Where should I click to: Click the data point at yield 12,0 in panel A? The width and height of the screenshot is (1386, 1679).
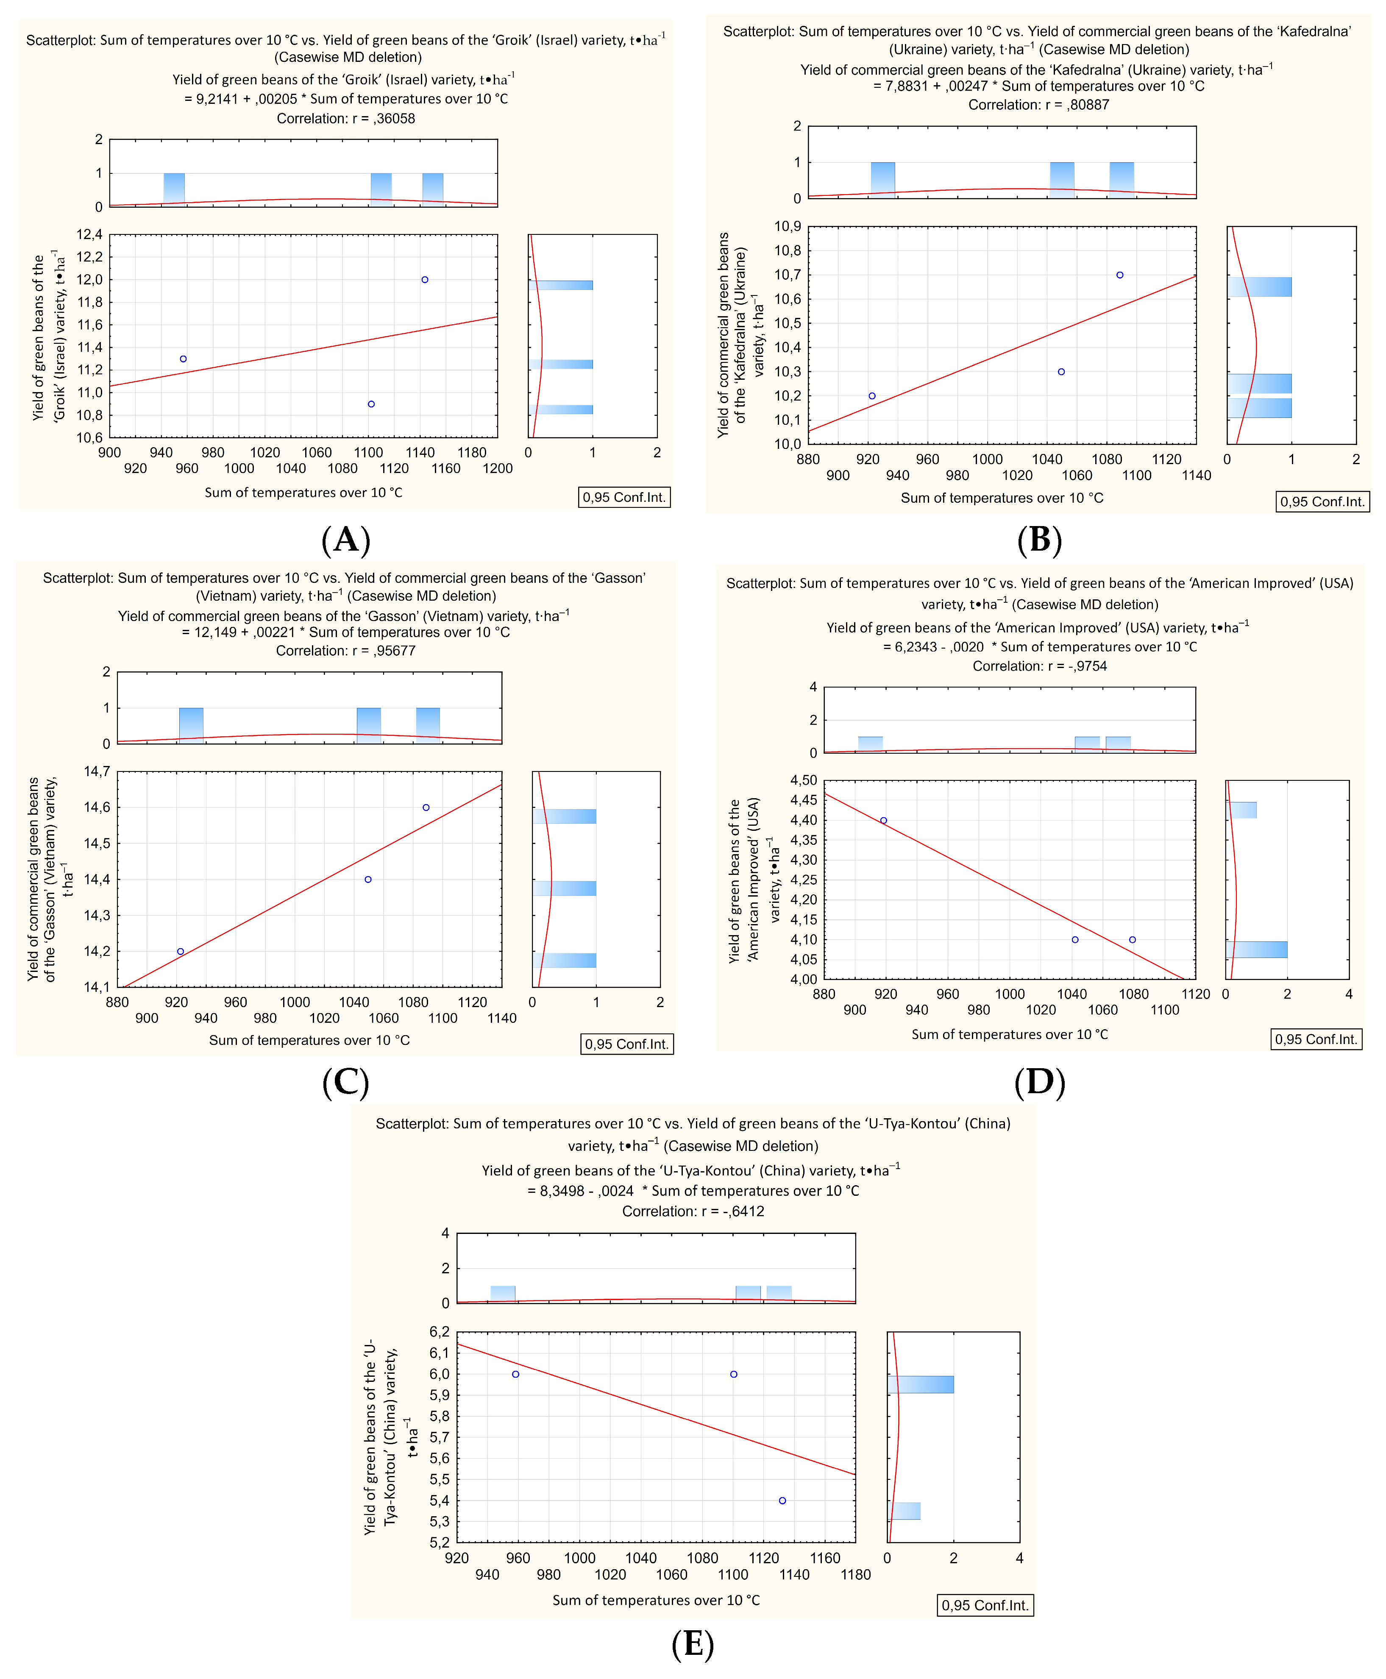425,279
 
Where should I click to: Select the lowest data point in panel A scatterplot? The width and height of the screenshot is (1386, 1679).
371,404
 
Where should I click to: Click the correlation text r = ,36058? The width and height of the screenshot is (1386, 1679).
346,118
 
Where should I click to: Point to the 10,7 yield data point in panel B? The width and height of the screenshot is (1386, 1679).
1120,275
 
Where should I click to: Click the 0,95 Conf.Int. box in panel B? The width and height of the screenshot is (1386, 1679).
1322,501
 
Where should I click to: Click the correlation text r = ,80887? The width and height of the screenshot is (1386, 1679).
1038,105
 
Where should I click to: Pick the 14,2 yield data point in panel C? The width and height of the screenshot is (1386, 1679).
181,951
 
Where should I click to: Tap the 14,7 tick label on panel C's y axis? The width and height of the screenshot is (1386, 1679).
97,771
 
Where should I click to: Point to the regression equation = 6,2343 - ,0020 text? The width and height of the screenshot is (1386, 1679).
1039,647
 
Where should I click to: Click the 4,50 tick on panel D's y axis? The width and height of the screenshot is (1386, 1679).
803,780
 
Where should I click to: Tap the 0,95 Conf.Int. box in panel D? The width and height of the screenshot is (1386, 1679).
1316,1039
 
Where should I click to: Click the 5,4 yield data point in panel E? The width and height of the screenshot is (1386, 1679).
782,1500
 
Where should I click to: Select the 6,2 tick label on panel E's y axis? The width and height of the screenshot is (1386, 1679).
439,1332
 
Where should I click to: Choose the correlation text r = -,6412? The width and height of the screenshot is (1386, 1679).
693,1211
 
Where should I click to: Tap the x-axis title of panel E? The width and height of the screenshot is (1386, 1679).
655,1600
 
